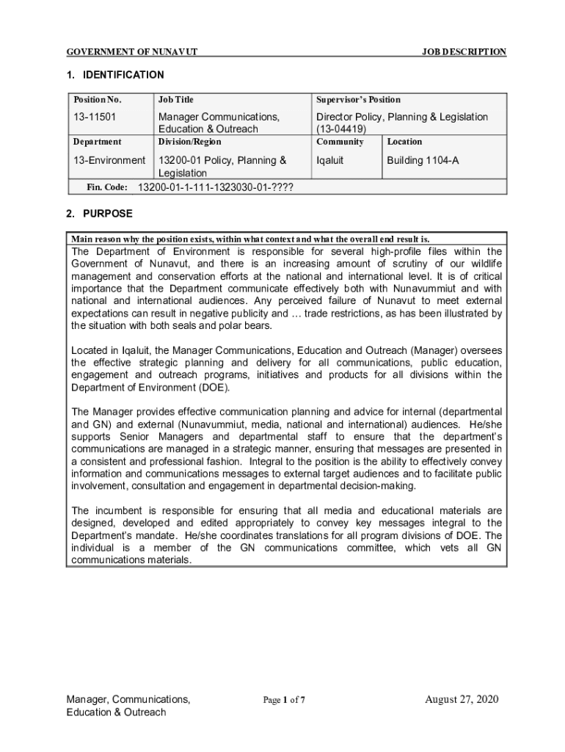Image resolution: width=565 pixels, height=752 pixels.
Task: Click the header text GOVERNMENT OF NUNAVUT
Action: tap(131, 52)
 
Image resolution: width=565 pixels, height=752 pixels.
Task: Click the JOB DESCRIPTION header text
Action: tap(464, 52)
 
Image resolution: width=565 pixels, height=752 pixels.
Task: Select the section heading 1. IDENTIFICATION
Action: tap(114, 75)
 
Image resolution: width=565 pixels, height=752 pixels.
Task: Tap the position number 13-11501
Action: tap(95, 117)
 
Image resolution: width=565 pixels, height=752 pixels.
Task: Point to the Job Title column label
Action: tap(176, 99)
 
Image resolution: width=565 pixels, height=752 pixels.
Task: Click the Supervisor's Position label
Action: tap(358, 99)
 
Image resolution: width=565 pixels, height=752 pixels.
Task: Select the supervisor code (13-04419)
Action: tap(341, 129)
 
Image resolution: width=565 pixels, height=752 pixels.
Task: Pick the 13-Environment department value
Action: tap(109, 160)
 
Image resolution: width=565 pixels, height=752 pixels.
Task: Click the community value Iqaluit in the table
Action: tap(329, 160)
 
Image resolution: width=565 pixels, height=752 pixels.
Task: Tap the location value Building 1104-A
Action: tap(423, 160)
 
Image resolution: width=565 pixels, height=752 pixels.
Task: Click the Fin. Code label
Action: tap(107, 187)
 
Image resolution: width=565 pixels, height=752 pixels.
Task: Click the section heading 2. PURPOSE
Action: tap(99, 214)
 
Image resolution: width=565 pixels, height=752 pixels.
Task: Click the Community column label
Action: tap(340, 142)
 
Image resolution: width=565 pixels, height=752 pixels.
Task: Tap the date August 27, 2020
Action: tap(462, 699)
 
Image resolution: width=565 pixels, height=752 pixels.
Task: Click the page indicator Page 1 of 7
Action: tap(284, 700)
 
